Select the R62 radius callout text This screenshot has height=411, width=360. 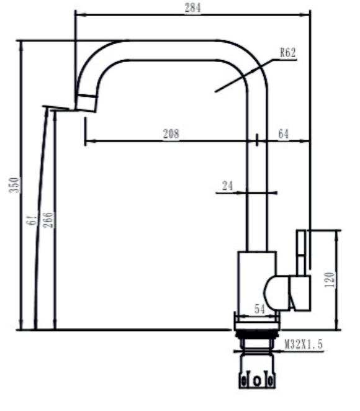[x=287, y=53]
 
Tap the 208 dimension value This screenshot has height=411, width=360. [x=171, y=133]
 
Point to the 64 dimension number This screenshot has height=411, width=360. [x=283, y=133]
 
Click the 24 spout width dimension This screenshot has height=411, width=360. [x=228, y=185]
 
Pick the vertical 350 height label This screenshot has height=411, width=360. [x=17, y=184]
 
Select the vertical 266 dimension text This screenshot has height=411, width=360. [x=48, y=220]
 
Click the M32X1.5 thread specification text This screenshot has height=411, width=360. [x=304, y=344]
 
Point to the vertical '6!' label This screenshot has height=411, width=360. [x=32, y=220]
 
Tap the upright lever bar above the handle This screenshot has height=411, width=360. [x=301, y=251]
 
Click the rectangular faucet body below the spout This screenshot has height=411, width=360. [x=256, y=279]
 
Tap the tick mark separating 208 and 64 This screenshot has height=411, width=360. [x=256, y=140]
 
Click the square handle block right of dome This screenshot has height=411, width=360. [x=299, y=293]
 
